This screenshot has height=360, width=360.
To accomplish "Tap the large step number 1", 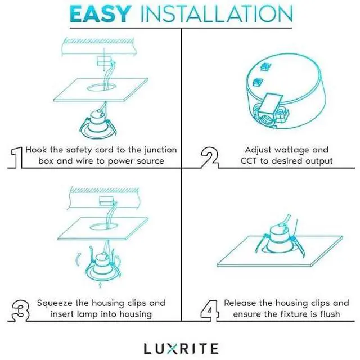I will [17, 156].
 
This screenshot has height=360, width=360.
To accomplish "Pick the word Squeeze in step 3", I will [55, 303].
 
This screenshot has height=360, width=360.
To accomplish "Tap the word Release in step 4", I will [241, 303].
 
